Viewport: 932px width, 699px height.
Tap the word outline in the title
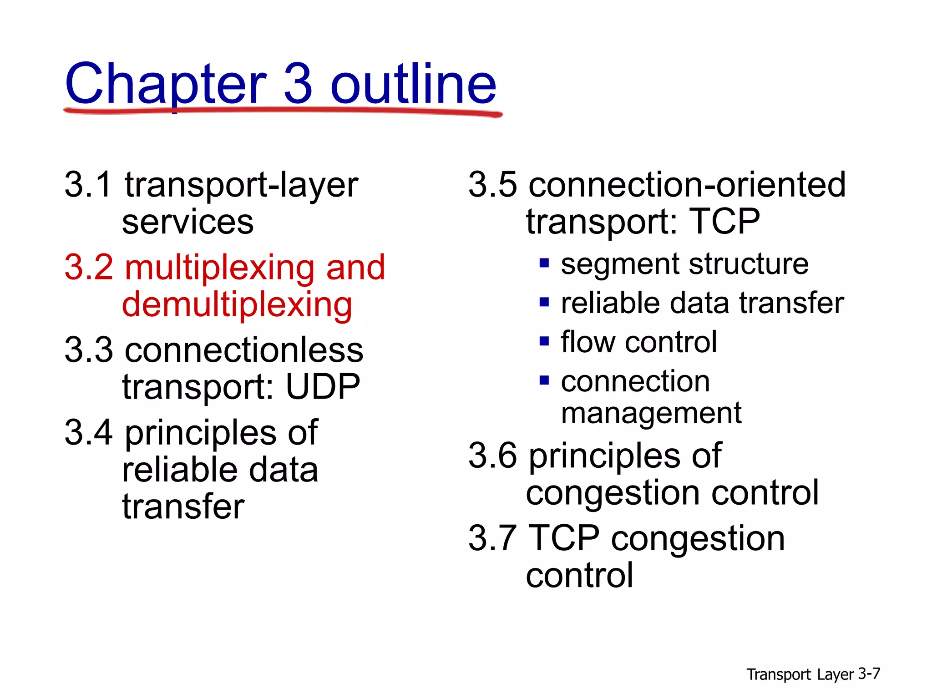[x=413, y=84]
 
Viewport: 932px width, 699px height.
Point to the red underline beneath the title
[x=282, y=111]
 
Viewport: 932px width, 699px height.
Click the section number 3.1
[x=88, y=185]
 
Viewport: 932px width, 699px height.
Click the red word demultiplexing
[x=237, y=305]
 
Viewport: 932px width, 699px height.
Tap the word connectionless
[x=244, y=350]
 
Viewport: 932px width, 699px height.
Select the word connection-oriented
[x=687, y=185]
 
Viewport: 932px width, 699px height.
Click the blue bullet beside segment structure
[x=544, y=263]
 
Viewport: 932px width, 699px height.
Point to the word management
[x=651, y=413]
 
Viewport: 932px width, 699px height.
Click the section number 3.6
[x=492, y=456]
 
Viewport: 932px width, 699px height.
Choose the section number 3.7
[x=492, y=538]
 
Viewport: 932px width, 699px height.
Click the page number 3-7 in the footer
[x=869, y=674]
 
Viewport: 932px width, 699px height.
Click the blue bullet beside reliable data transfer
[x=544, y=302]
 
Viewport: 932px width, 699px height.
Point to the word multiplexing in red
[x=219, y=268]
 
